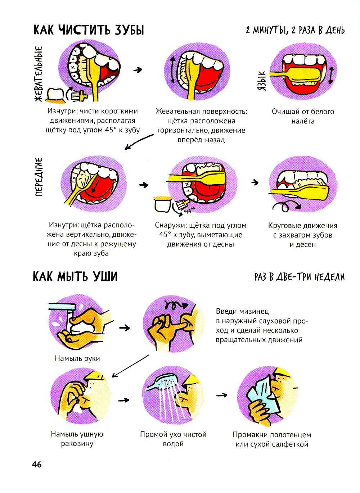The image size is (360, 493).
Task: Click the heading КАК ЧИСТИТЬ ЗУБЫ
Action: [x=89, y=30]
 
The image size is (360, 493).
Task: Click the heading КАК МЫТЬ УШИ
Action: [x=75, y=277]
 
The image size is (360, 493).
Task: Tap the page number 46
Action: [x=37, y=465]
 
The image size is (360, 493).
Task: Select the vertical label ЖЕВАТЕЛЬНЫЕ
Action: [x=39, y=73]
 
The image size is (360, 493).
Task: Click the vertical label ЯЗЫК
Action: [x=262, y=80]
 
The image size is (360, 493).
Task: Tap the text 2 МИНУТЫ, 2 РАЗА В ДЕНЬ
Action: [x=295, y=30]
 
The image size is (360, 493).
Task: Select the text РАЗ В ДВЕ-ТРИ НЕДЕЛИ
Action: [x=299, y=277]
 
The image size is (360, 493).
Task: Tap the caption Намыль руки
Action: [x=77, y=358]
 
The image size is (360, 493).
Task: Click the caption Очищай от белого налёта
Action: [x=303, y=116]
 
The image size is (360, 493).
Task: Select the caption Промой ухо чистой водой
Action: [x=173, y=439]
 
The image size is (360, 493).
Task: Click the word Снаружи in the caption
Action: [x=170, y=226]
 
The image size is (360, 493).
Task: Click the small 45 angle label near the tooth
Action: [x=188, y=212]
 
